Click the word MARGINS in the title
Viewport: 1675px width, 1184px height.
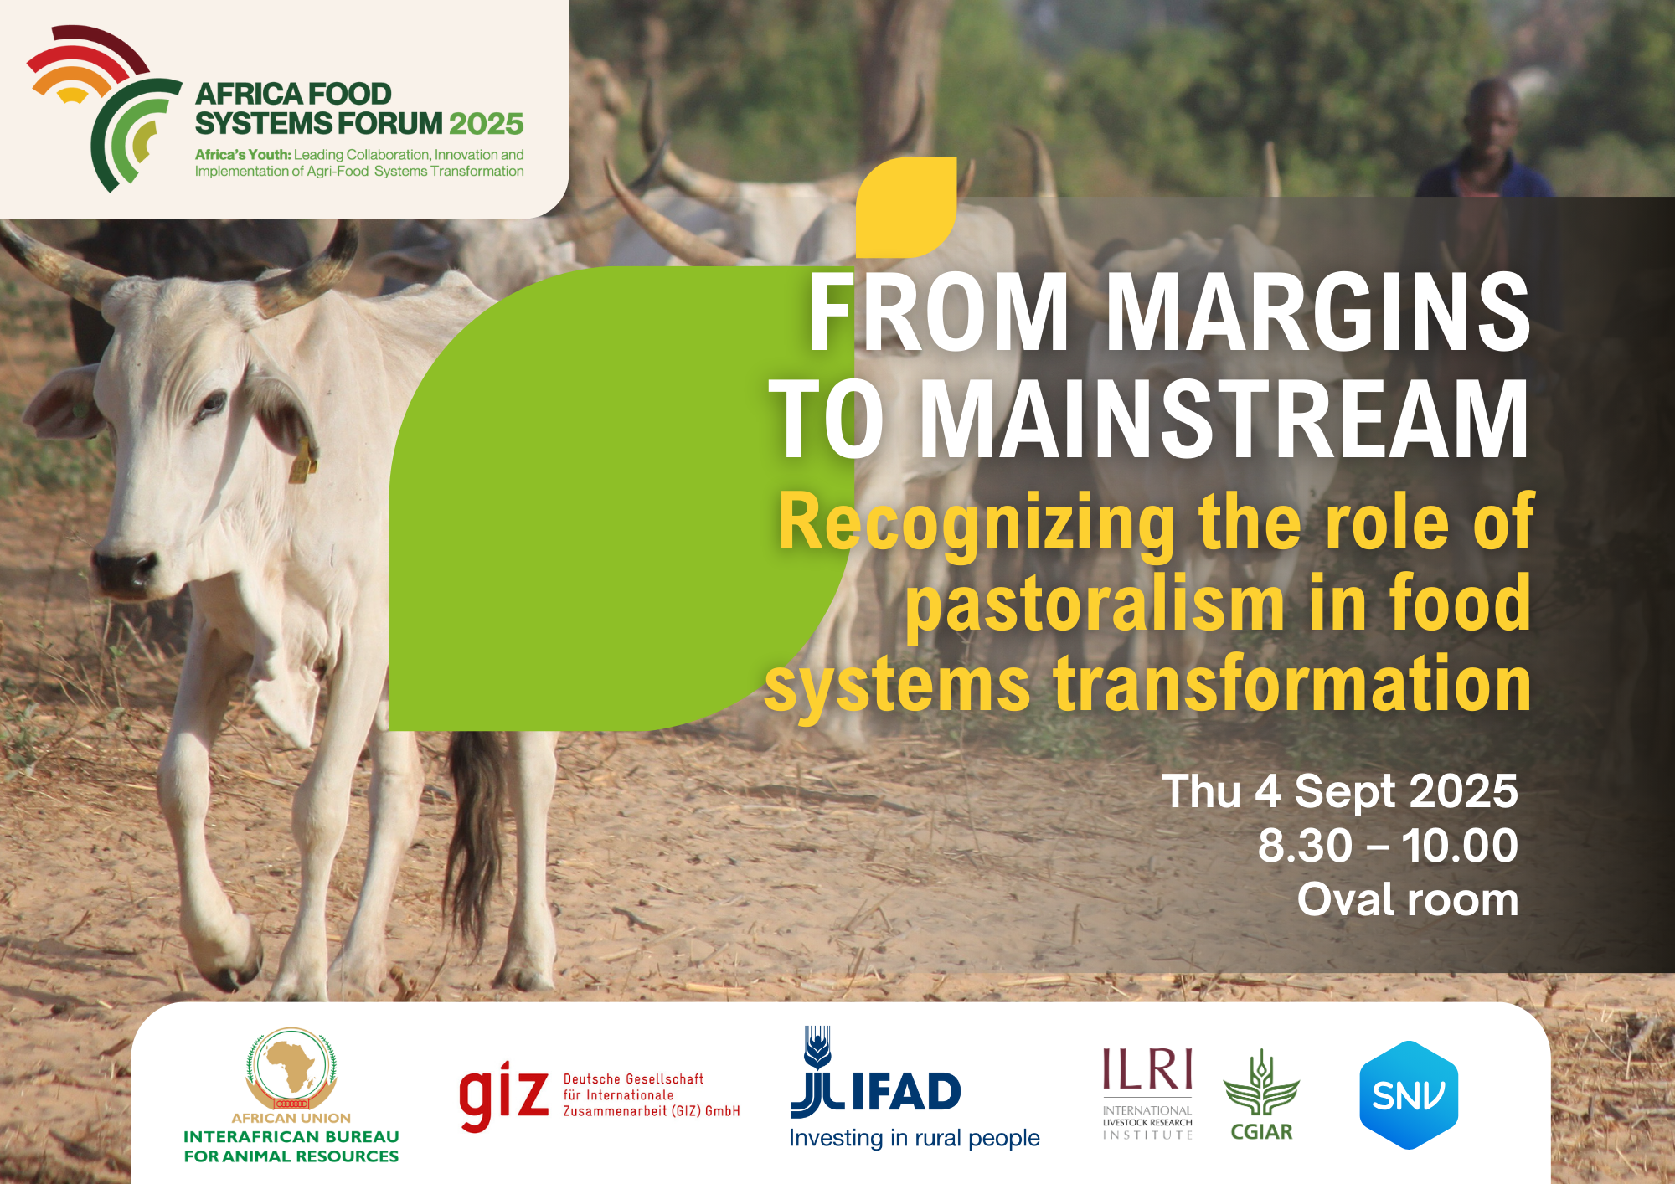coord(1318,312)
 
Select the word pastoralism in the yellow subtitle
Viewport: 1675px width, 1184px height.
coord(1095,605)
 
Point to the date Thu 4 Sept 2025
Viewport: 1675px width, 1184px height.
coord(1339,791)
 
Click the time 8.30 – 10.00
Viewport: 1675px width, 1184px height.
coord(1387,846)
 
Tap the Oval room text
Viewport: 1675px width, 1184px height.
coord(1407,900)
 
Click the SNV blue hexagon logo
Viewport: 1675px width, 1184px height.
coord(1409,1094)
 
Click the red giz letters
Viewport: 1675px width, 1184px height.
coord(503,1094)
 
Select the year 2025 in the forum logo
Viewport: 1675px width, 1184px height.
coord(486,124)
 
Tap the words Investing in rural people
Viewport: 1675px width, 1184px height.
coord(914,1139)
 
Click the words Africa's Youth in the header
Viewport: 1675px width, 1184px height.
coord(243,155)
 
